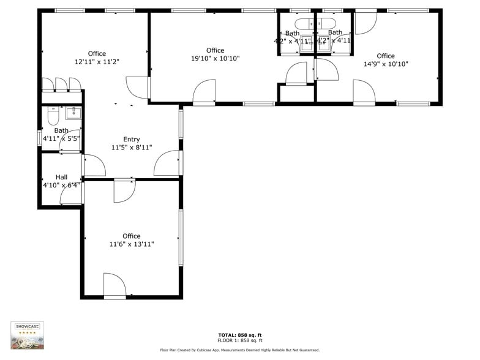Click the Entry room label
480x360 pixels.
[131, 140]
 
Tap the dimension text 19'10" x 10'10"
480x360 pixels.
[215, 59]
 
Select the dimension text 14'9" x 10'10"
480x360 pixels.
[386, 64]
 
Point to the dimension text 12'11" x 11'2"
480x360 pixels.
[97, 62]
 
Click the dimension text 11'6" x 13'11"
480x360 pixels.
[131, 244]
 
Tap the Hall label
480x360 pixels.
[61, 177]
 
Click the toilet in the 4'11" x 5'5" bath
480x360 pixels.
[53, 115]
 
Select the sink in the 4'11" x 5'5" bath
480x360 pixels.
[73, 112]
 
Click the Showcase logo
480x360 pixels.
[28, 336]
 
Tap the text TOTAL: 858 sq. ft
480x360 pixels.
[239, 335]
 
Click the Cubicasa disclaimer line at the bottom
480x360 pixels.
[239, 350]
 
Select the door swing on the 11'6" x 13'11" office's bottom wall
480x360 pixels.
[114, 286]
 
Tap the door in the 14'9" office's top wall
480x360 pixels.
[366, 23]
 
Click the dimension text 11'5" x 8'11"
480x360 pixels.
[131, 148]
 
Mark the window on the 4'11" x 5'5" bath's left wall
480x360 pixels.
[39, 138]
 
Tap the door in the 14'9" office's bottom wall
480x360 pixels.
[364, 92]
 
